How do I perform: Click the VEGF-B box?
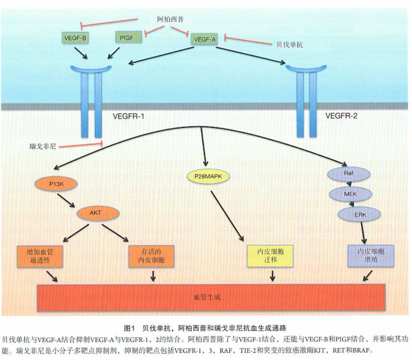click(76, 38)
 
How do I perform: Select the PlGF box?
click(127, 38)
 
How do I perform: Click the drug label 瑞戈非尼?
click(43, 145)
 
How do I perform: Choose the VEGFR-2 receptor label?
click(343, 116)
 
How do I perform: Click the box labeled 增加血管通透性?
click(41, 257)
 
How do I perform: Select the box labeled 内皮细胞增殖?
click(366, 256)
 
